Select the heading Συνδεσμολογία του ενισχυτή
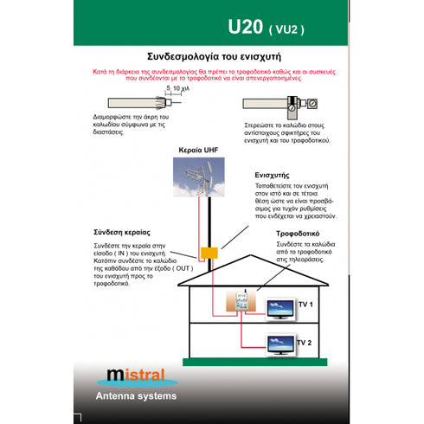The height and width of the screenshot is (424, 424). tap(211, 48)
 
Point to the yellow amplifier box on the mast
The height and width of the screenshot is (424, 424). tap(209, 254)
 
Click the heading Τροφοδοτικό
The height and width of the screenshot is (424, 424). tap(299, 234)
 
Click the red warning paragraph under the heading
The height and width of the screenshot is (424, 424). tap(211, 72)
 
